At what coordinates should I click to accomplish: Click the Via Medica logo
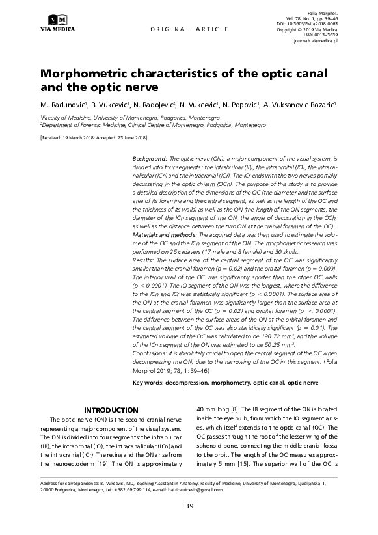(x=57, y=21)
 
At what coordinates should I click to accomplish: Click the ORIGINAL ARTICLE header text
(x=189, y=29)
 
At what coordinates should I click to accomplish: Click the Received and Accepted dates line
(x=94, y=137)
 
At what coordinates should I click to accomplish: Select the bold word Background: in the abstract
(x=149, y=159)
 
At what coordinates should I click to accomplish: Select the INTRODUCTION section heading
(x=111, y=409)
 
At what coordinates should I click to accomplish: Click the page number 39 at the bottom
(x=189, y=507)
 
